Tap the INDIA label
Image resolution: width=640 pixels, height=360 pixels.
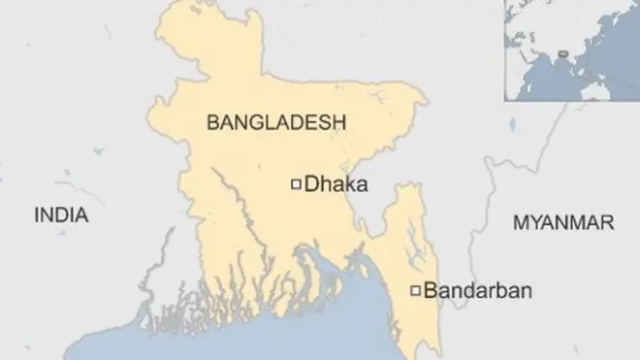pos(61,215)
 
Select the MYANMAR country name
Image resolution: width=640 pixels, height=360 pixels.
pos(562,223)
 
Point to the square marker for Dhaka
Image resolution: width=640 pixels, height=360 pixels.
pos(296,182)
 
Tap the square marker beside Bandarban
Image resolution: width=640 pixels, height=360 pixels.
pos(416,290)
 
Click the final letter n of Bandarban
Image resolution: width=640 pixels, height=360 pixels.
pos(526,290)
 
